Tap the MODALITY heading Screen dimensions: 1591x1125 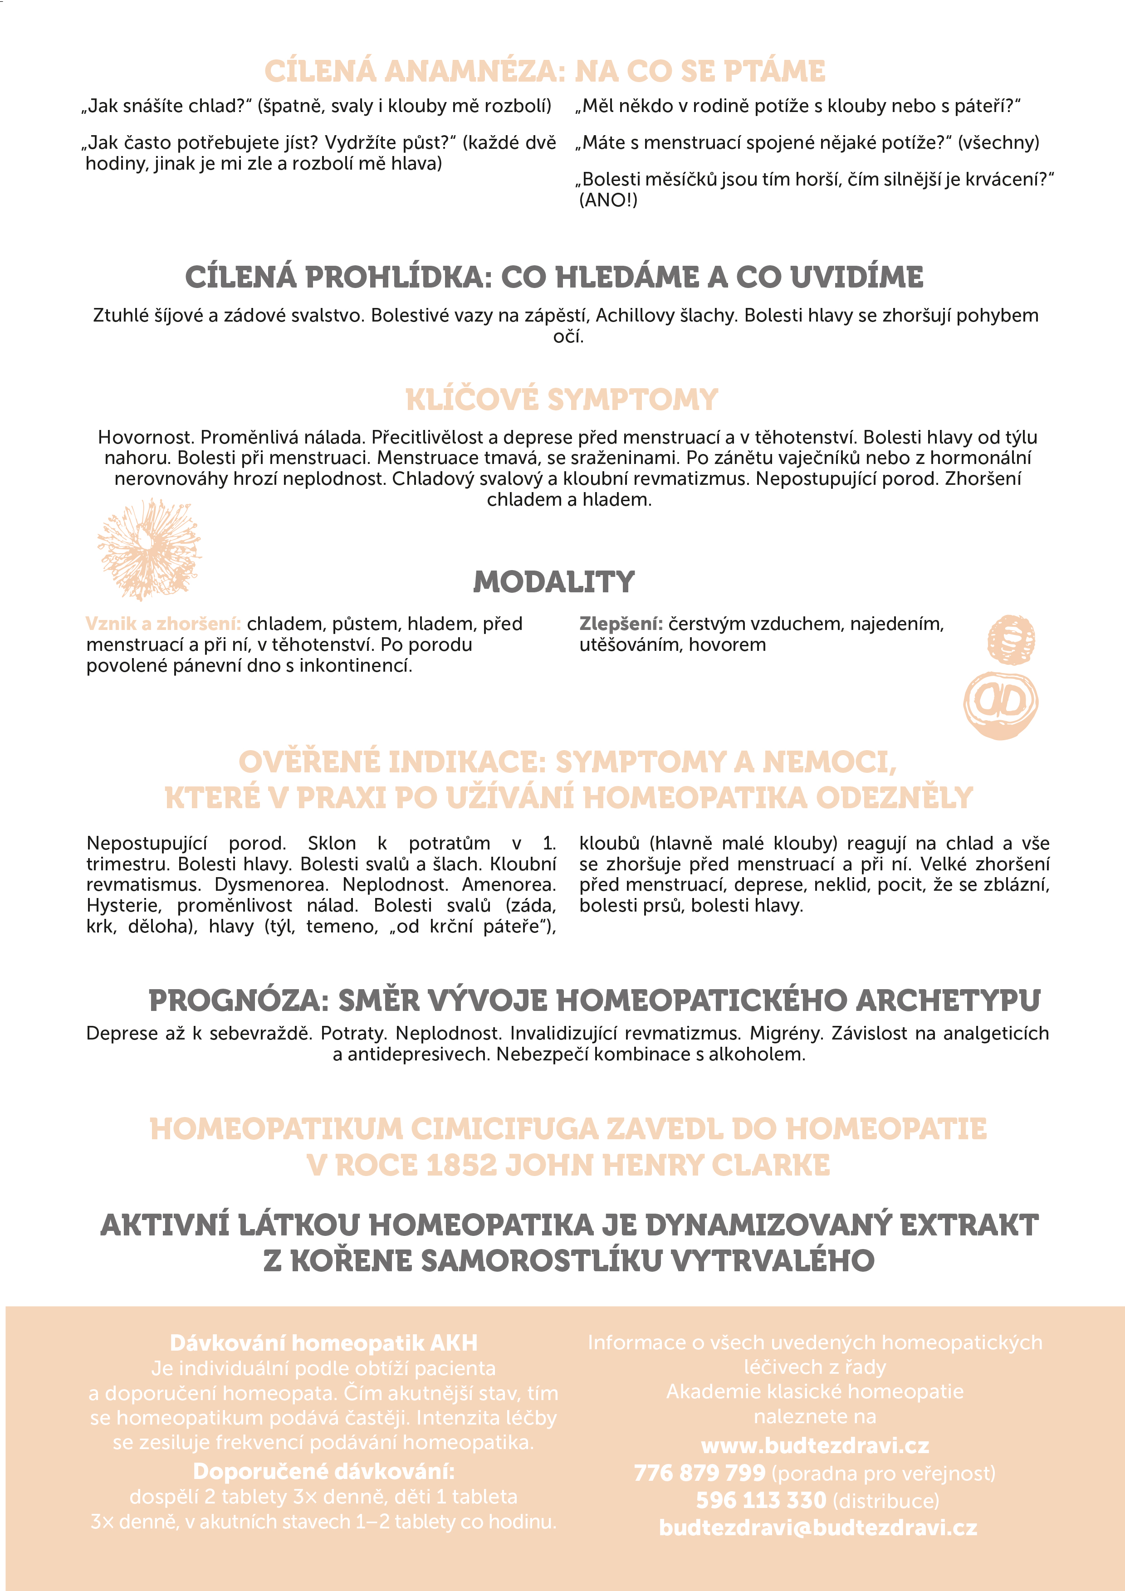point(554,582)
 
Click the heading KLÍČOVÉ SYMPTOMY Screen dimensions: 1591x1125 point(562,400)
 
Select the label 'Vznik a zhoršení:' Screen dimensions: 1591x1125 point(163,624)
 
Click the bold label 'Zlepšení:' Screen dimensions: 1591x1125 point(621,624)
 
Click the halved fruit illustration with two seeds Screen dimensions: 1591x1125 point(1000,704)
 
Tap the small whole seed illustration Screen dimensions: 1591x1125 point(1011,639)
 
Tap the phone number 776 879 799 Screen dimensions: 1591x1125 point(699,1473)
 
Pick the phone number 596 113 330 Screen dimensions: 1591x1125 point(761,1500)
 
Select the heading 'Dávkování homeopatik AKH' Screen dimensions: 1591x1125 point(324,1343)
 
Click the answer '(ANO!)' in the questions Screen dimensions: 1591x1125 point(608,200)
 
